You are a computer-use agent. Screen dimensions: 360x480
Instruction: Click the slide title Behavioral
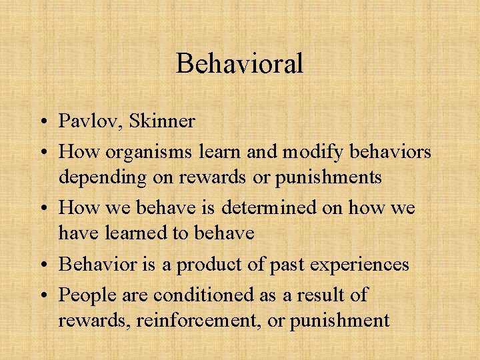(x=239, y=64)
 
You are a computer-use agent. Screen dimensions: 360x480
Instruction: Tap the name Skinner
(x=162, y=121)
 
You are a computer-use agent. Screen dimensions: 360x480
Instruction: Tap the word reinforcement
(x=199, y=320)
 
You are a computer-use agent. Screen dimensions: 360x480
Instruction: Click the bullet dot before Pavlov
(x=42, y=122)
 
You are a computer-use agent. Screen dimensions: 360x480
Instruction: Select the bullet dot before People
(x=42, y=295)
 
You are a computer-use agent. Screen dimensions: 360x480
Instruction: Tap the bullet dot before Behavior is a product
(x=42, y=265)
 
